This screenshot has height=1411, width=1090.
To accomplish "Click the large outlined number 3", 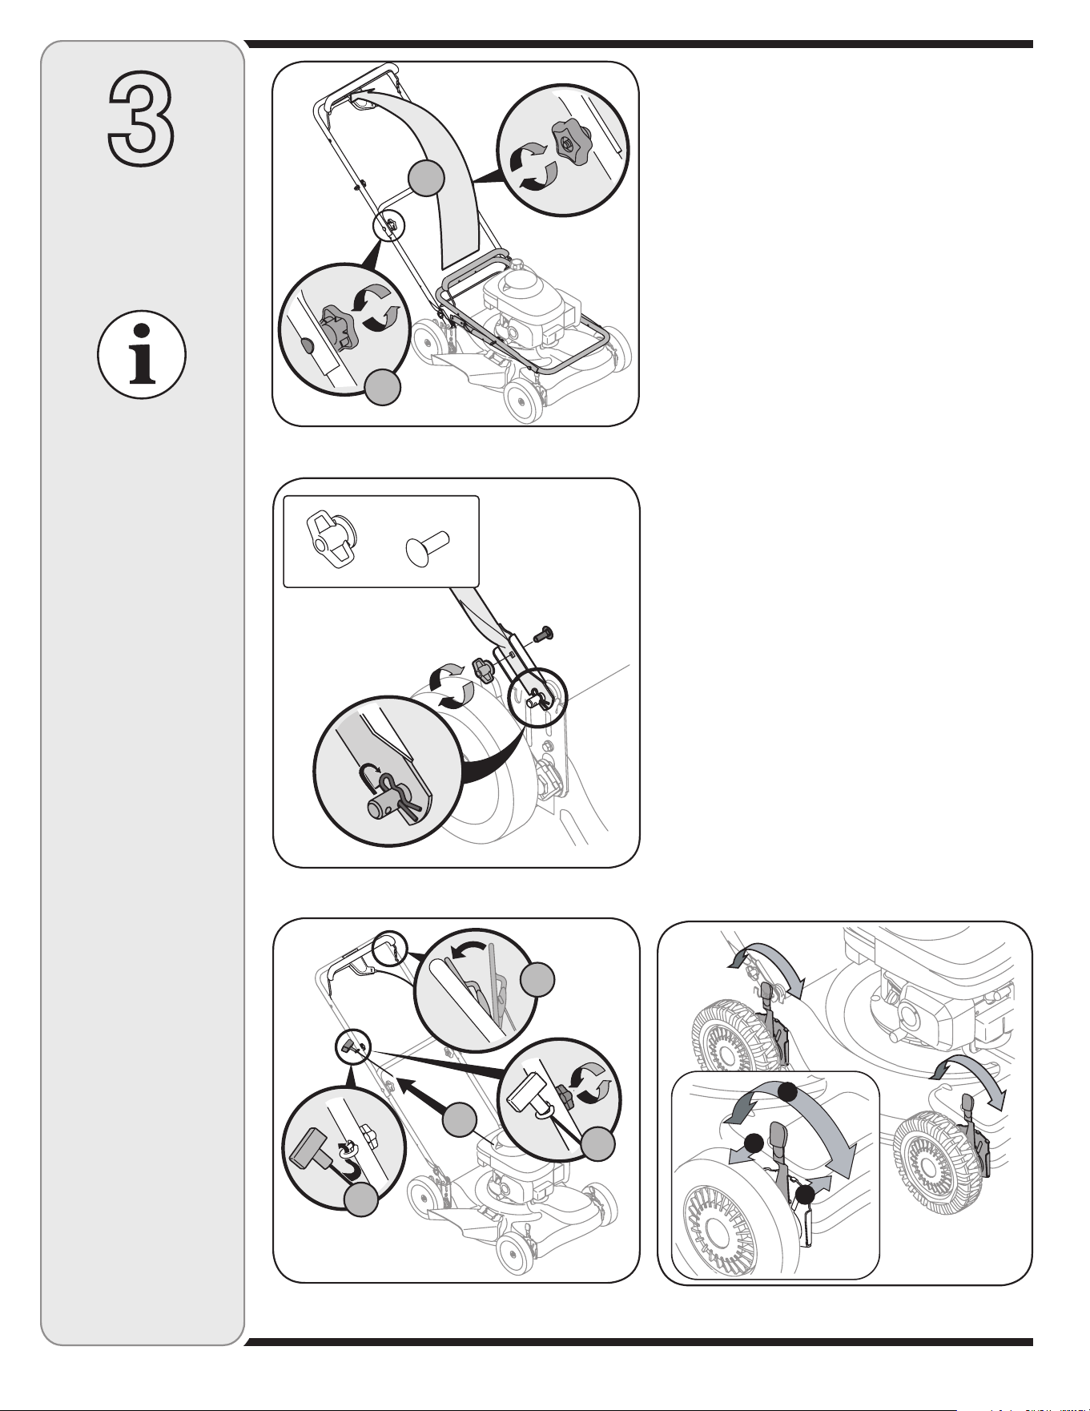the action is [x=141, y=119].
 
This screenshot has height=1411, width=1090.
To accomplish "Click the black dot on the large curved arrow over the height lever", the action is [x=789, y=1091].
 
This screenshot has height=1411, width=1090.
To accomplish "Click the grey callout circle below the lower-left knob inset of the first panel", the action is [x=384, y=386].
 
